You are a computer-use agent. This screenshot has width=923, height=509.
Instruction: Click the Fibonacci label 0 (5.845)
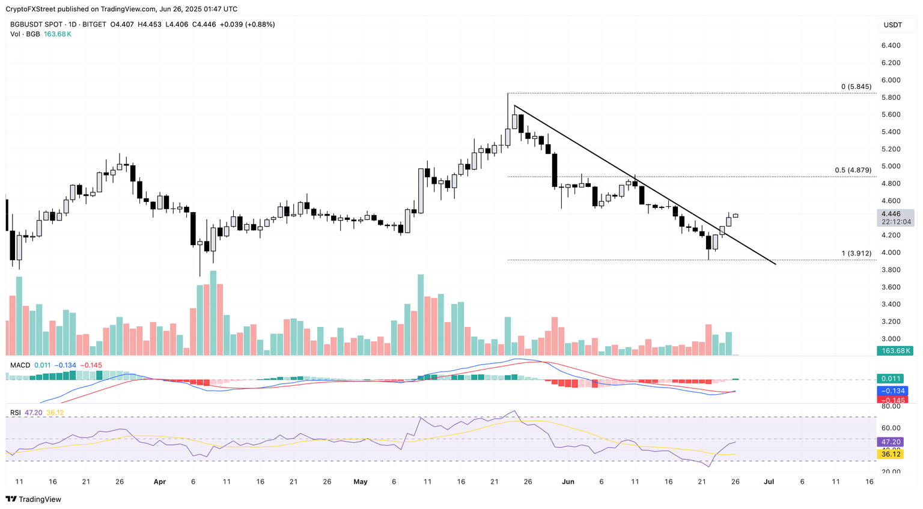point(856,87)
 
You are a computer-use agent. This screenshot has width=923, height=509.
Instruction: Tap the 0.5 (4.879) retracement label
point(853,171)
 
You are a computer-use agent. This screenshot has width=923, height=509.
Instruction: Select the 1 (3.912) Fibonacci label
point(856,254)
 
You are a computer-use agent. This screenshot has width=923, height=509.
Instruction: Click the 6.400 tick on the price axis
point(891,46)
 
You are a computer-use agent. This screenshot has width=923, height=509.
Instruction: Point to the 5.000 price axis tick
point(891,166)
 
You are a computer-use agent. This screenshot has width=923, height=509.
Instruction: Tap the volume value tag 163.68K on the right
point(895,351)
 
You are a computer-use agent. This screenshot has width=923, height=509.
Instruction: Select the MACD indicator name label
point(20,365)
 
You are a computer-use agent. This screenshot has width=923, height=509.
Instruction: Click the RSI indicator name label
point(15,413)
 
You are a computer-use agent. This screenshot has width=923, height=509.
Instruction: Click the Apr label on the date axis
point(159,482)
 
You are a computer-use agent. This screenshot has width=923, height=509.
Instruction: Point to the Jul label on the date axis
point(768,482)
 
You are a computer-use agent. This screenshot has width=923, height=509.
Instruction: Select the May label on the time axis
point(361,482)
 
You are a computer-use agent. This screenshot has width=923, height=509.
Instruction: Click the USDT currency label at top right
point(892,25)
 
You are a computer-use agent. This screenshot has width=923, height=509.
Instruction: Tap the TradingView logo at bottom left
point(34,499)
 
